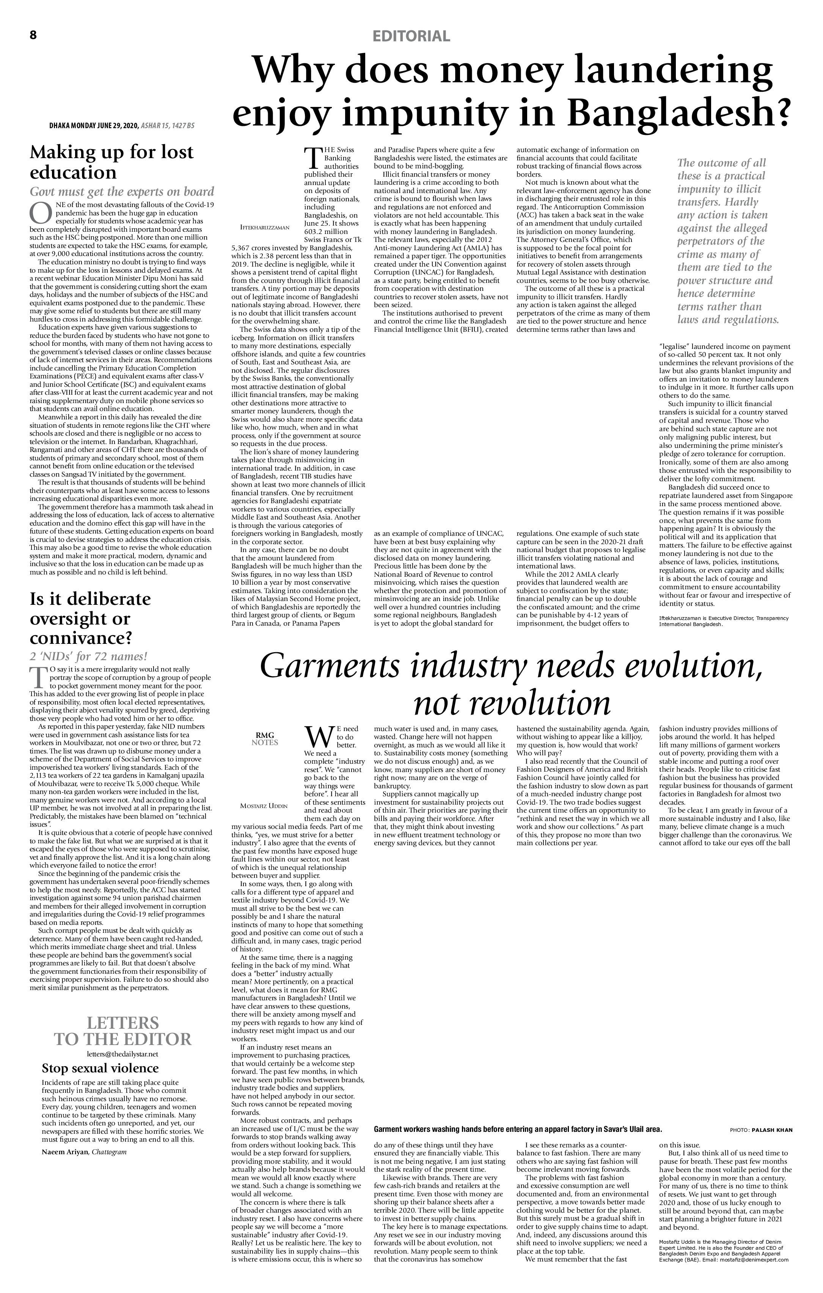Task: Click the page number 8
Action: pos(33,35)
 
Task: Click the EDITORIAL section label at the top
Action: pos(411,36)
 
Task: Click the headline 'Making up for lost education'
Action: pos(111,162)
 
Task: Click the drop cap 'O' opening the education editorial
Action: pos(40,213)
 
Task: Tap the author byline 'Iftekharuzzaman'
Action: pos(264,228)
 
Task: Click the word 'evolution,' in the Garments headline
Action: pos(693,666)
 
